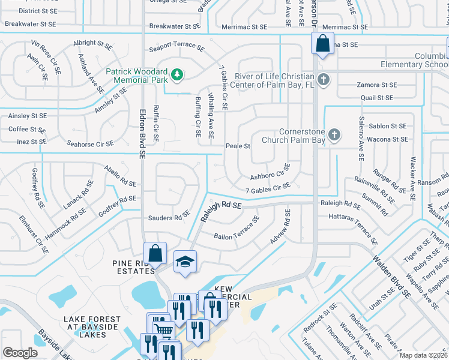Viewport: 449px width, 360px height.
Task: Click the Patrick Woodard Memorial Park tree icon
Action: [176, 74]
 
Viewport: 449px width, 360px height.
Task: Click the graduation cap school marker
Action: [185, 262]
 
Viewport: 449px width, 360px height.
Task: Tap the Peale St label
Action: [238, 146]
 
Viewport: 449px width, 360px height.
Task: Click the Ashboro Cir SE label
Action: [270, 173]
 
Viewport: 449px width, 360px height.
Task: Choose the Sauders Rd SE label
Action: [169, 218]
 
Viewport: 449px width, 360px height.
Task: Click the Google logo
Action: [20, 353]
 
